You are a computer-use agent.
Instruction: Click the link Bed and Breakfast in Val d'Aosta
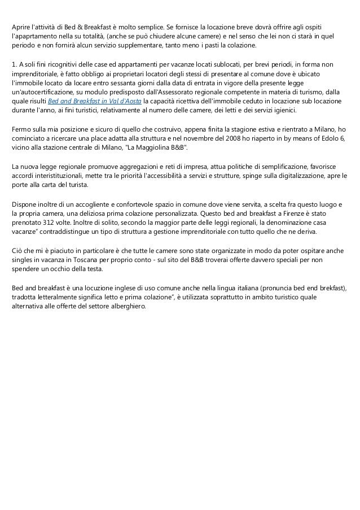point(94,102)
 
